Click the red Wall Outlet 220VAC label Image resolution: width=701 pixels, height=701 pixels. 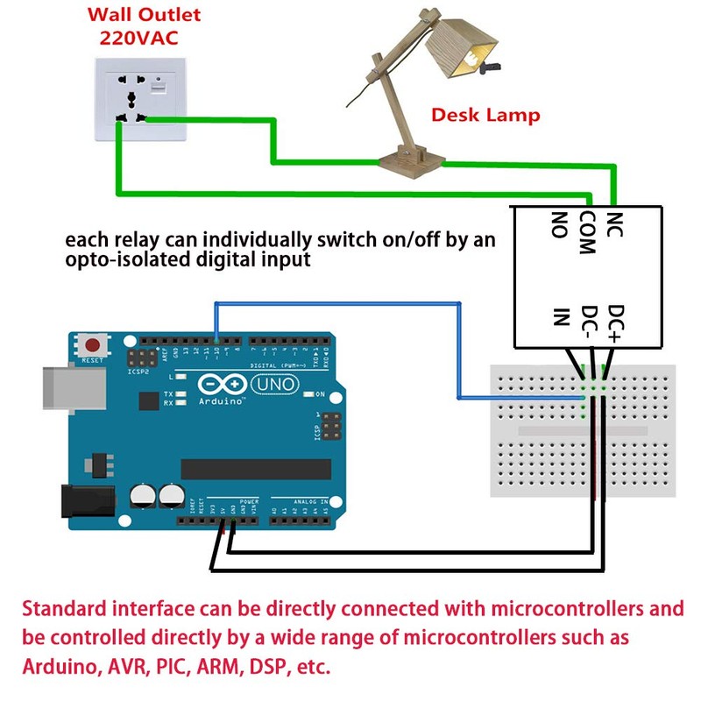pyautogui.click(x=144, y=26)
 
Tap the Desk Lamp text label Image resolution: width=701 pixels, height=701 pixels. pyautogui.click(x=485, y=115)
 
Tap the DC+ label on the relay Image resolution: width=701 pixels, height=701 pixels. pyautogui.click(x=615, y=323)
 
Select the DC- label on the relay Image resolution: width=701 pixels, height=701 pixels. pyautogui.click(x=590, y=323)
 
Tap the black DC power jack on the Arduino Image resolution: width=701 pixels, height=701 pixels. pyautogui.click(x=86, y=500)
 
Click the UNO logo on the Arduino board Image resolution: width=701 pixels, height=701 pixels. pyautogui.click(x=275, y=385)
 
